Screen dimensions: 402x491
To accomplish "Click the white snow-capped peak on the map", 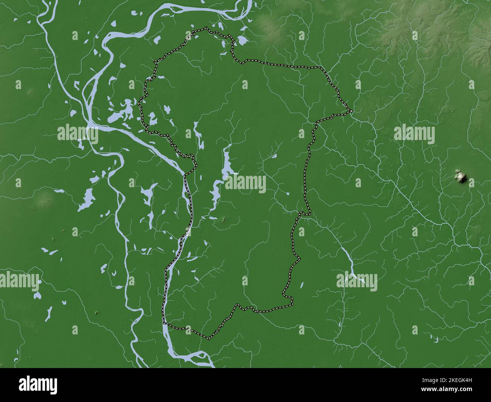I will pyautogui.click(x=461, y=176).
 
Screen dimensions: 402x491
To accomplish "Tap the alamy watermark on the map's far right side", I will pyautogui.click(x=414, y=135).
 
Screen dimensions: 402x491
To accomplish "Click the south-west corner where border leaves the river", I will pyautogui.click(x=165, y=323).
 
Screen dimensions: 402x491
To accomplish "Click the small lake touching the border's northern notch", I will pyautogui.click(x=241, y=40).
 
